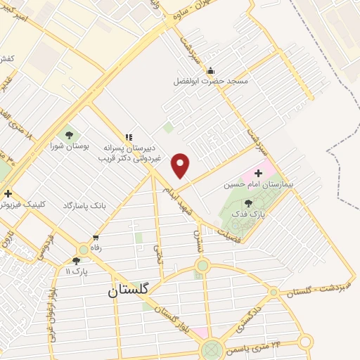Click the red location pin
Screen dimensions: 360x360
181,165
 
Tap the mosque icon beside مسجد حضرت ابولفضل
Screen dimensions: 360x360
210,70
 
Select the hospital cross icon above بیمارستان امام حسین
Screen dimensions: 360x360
258,172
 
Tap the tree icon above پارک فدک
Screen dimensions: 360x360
248,202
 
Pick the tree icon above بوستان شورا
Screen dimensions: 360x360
69,135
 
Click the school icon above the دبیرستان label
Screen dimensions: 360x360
128,137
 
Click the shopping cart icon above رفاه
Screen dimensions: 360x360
95,238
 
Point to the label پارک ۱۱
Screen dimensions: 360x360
77,271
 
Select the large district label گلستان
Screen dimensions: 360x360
132,290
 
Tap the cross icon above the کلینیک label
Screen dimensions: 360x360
8,193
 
